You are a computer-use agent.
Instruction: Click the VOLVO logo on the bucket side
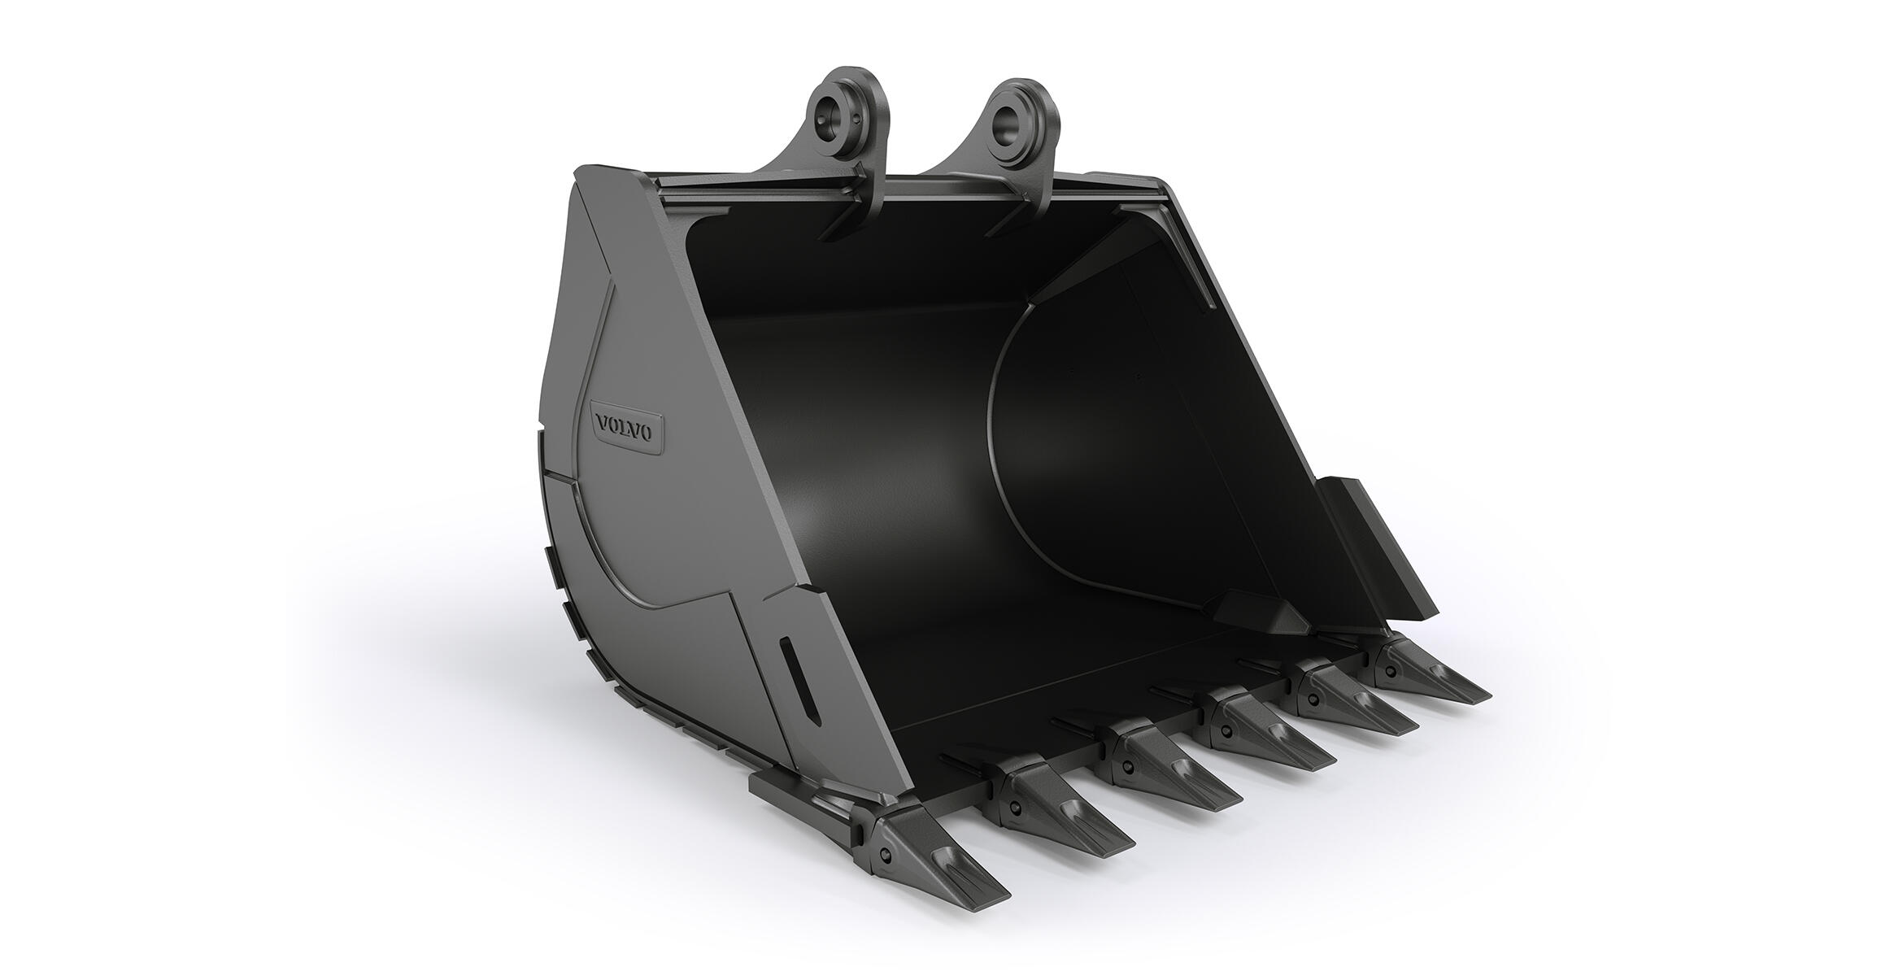[x=624, y=429]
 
